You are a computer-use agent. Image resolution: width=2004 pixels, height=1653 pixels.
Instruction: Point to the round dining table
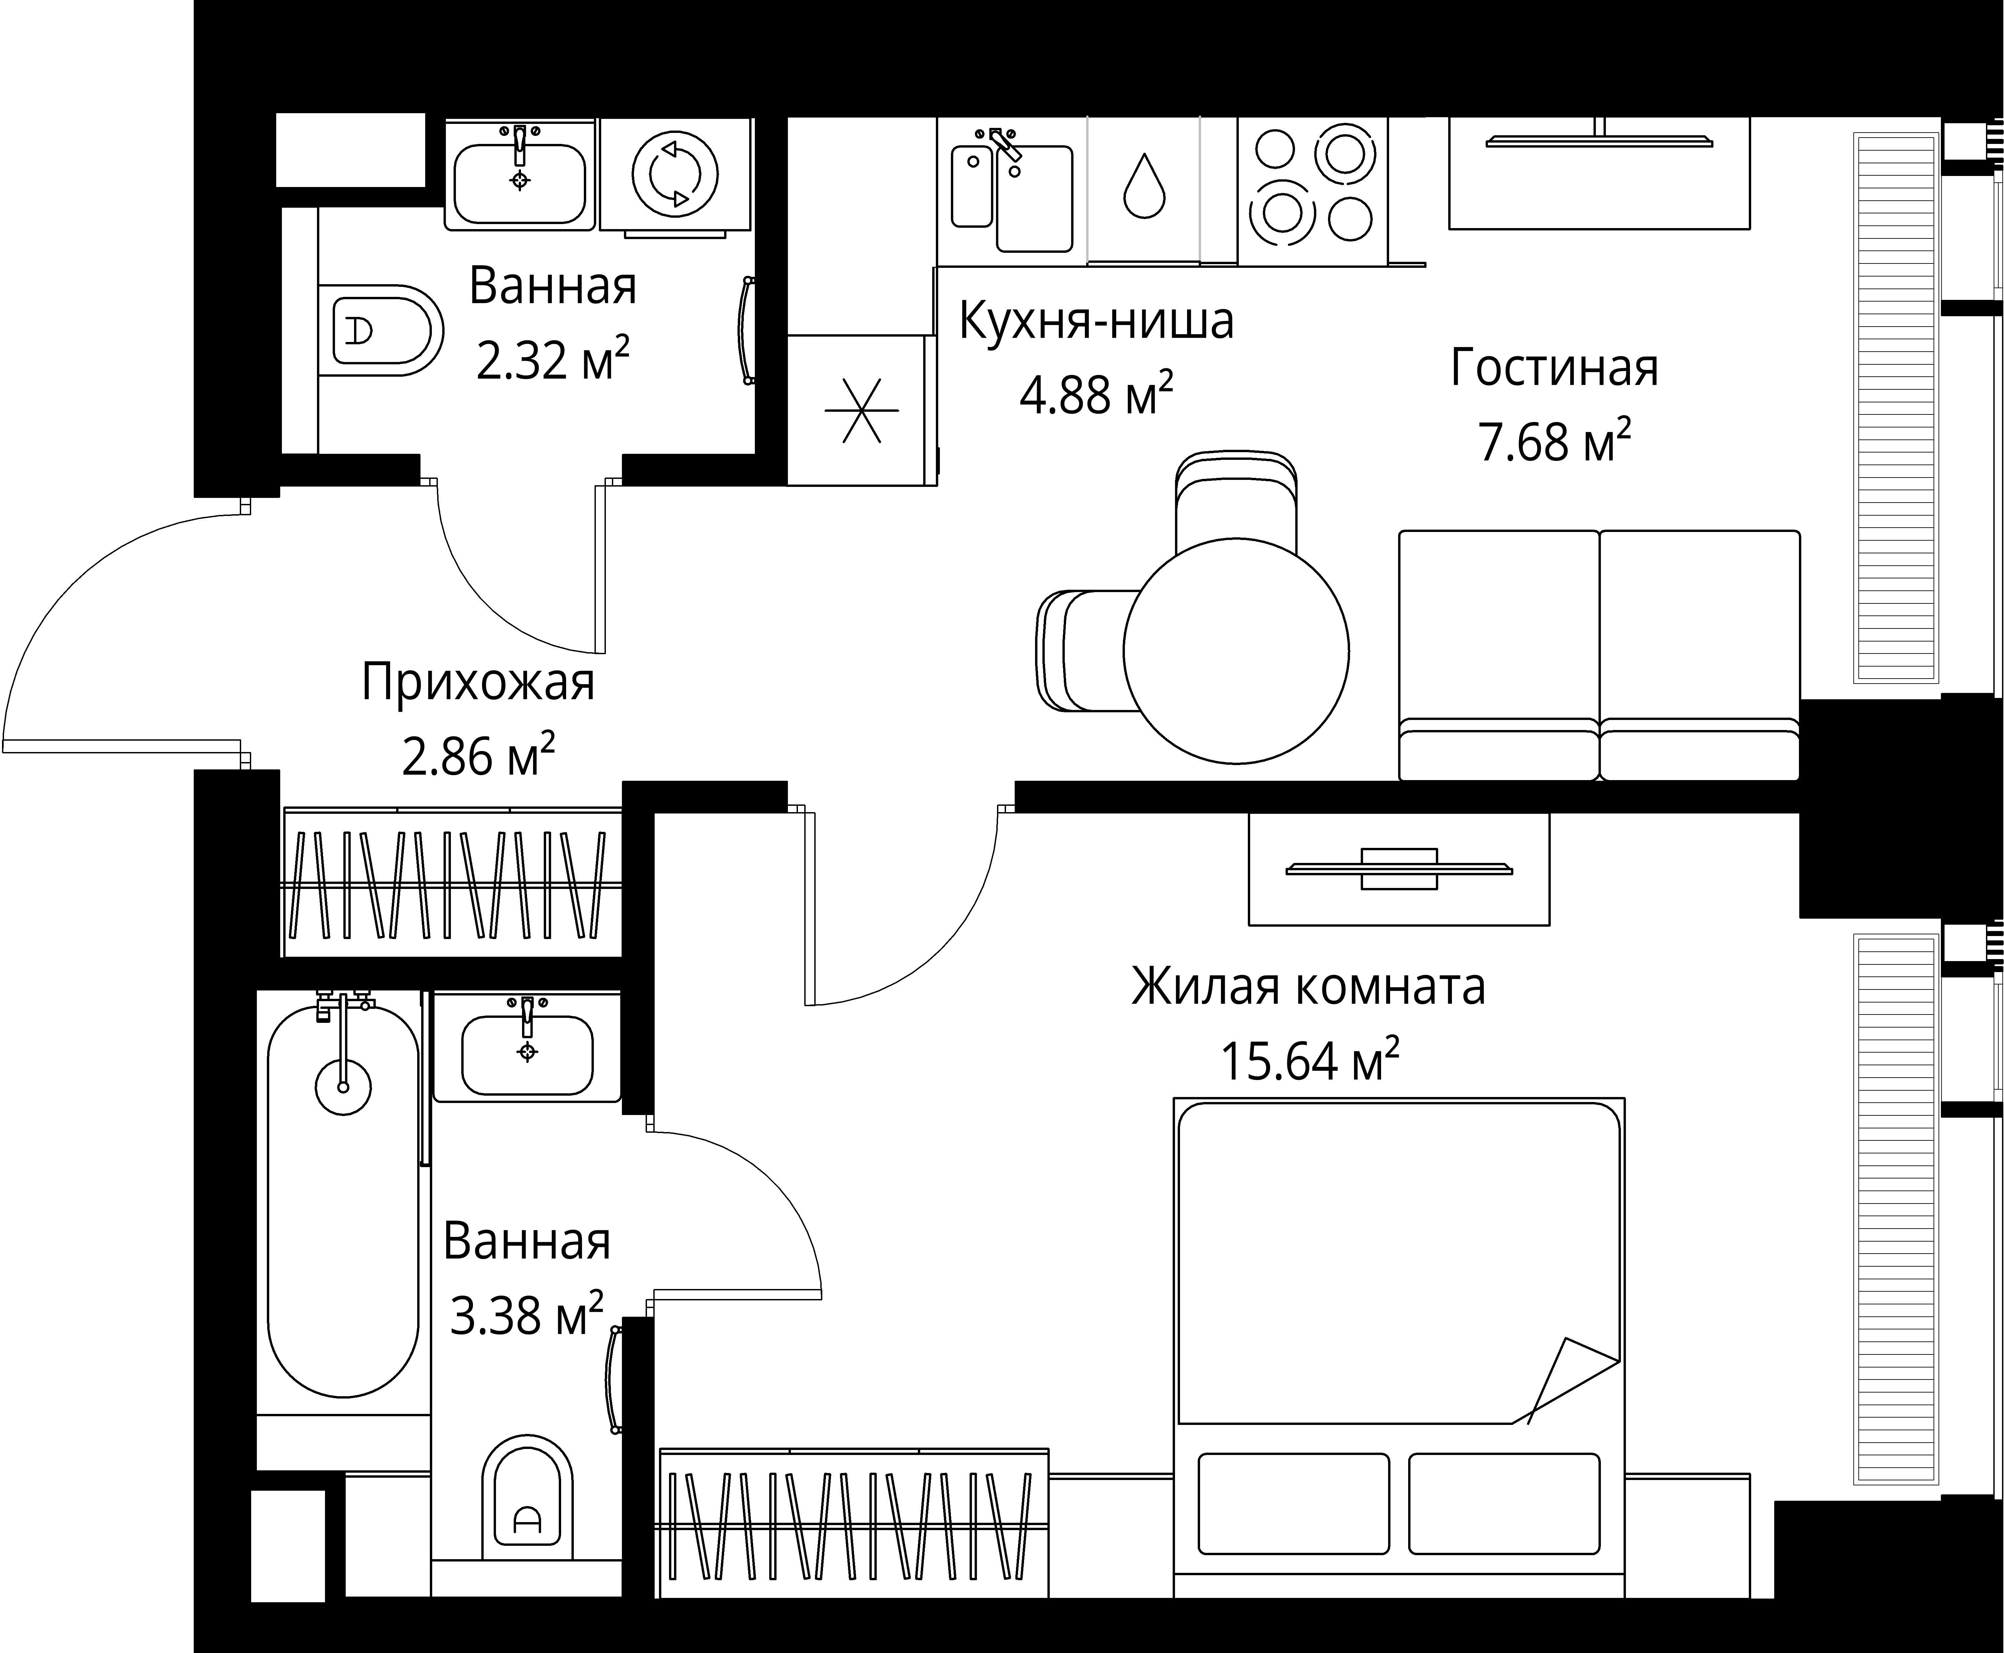point(1235,651)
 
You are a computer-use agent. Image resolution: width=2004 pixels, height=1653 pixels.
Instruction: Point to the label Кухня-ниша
point(1095,321)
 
